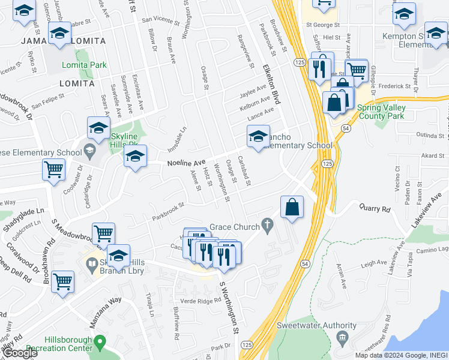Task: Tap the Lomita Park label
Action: tap(84, 65)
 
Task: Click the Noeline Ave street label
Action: tap(186, 163)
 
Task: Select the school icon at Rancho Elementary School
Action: tap(258, 137)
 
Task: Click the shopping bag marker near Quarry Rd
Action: tap(291, 208)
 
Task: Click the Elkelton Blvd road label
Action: tap(271, 84)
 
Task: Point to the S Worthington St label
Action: tap(229, 308)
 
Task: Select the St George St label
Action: tap(323, 25)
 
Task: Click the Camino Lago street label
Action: tap(434, 249)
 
